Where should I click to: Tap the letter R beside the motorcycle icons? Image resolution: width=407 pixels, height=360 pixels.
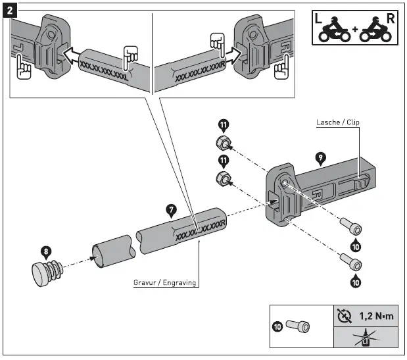[x=391, y=18]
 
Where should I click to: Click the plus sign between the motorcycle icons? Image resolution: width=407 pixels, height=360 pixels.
[x=354, y=32]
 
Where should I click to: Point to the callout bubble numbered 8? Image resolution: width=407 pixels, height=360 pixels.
[x=45, y=252]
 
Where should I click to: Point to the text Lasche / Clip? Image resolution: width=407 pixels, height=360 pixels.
[x=337, y=122]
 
